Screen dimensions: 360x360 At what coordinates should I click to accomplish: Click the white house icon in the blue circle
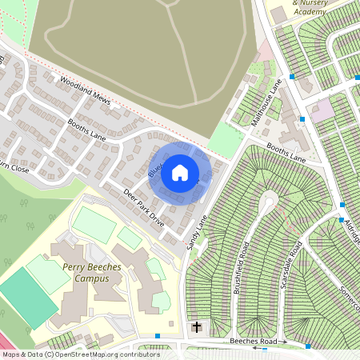click(x=180, y=173)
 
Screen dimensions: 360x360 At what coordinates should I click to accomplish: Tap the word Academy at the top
click(x=288, y=11)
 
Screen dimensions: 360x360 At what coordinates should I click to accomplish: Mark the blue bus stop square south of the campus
click(x=158, y=336)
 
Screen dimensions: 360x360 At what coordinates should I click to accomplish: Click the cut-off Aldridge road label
click(x=350, y=212)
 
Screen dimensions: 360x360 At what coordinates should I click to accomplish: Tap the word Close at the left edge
click(x=16, y=170)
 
